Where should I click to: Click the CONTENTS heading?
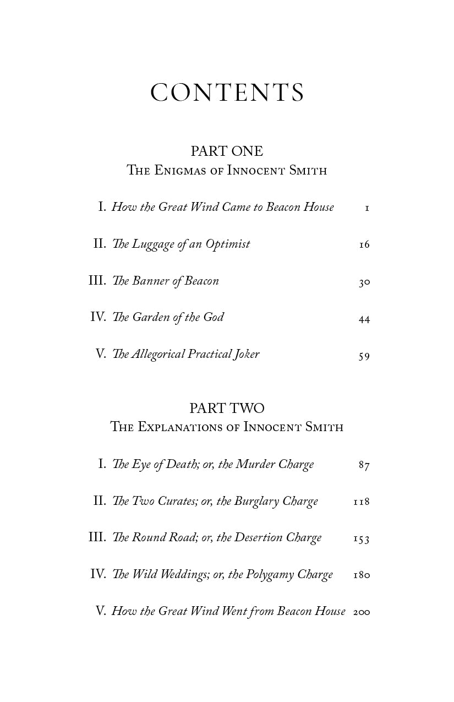tap(227, 92)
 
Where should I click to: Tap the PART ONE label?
tap(227, 151)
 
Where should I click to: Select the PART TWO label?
tap(227, 408)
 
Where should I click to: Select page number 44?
tap(364, 319)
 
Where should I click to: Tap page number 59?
tap(364, 356)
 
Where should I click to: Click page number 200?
tap(362, 612)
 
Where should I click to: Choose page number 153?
tap(362, 539)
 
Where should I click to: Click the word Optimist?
tap(227, 244)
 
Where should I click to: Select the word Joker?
tap(244, 354)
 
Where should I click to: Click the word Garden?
tap(152, 317)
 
